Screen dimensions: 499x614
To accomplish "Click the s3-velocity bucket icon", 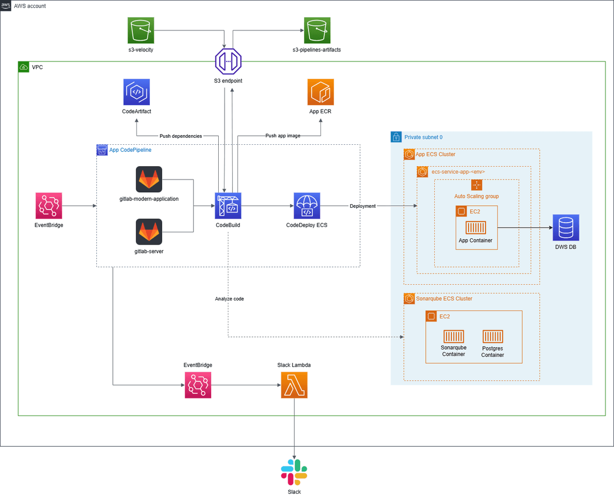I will (141, 30).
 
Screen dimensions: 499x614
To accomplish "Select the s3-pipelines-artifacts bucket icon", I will (317, 30).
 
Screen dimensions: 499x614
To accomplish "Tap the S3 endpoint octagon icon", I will (228, 61).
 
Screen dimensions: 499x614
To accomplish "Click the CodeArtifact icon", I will (136, 92).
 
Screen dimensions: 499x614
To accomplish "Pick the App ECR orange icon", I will (320, 92).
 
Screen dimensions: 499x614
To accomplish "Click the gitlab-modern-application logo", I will (149, 180).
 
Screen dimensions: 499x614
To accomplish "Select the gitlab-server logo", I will (149, 232).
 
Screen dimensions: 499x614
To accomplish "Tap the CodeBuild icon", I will (228, 206).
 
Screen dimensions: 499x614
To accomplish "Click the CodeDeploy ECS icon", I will (306, 206).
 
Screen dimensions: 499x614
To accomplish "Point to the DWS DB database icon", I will (566, 228).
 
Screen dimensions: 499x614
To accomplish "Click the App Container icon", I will (475, 228).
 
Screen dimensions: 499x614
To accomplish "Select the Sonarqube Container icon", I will (453, 337).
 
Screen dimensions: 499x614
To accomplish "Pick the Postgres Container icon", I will (493, 337).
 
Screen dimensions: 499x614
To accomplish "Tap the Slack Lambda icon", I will (294, 385).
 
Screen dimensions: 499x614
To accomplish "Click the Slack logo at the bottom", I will (294, 472).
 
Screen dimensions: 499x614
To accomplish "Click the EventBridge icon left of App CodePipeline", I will (49, 206).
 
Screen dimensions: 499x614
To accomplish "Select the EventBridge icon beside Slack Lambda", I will (198, 385).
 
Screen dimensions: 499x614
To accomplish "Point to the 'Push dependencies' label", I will (181, 136).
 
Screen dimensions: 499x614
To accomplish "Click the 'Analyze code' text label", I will (229, 299).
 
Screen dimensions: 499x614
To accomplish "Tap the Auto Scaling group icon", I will (477, 185).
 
